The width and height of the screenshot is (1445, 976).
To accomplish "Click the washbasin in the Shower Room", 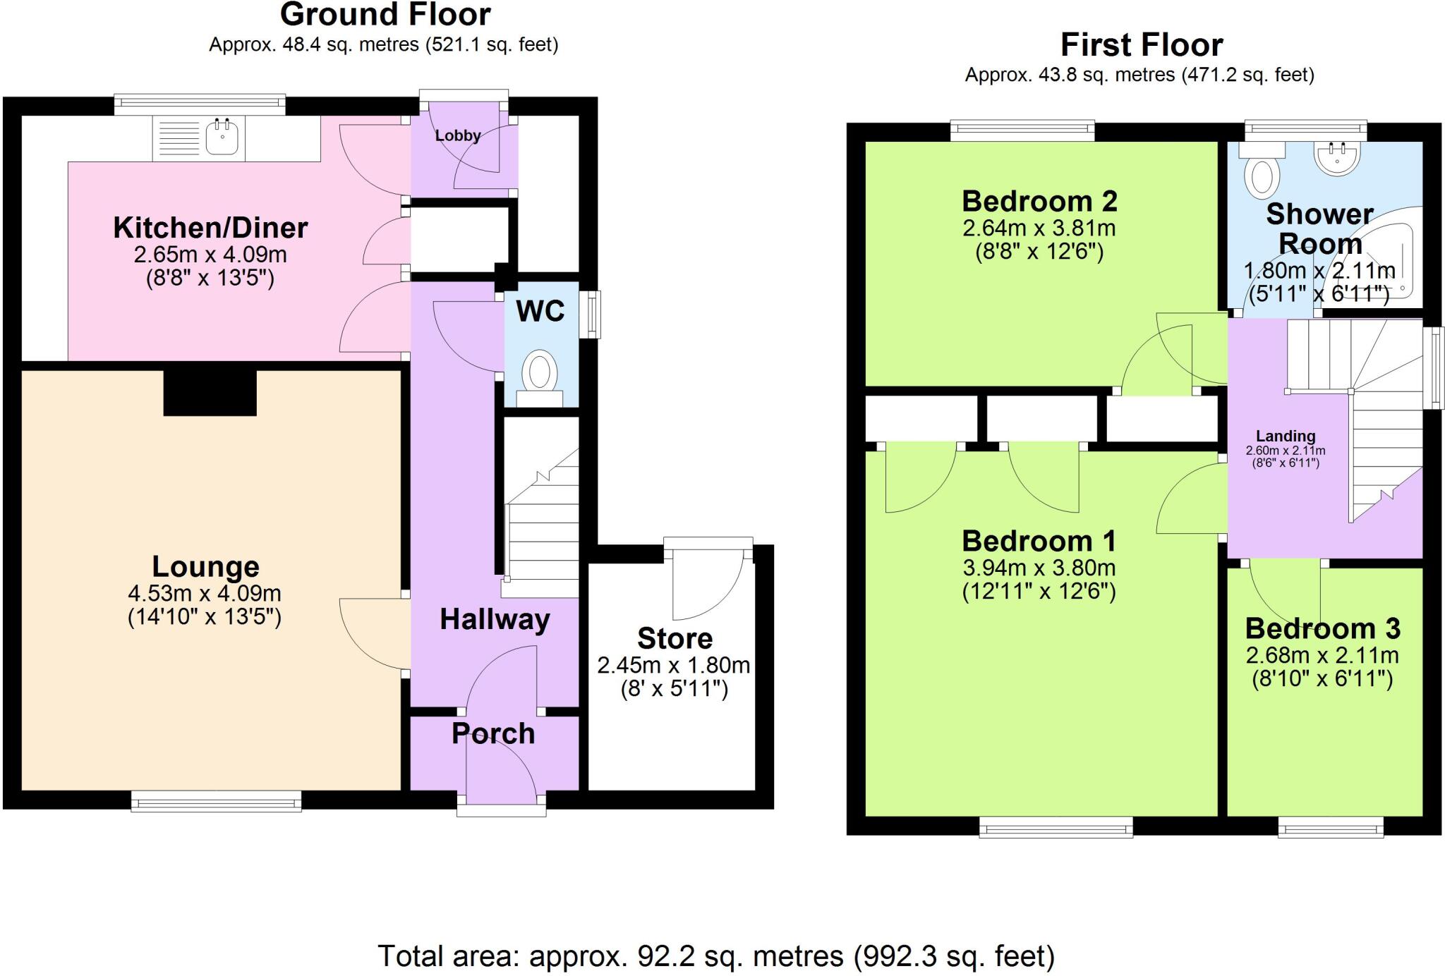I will pos(1336,159).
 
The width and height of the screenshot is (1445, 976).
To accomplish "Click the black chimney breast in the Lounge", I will pos(210,393).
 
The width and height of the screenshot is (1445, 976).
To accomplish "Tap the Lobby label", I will pos(458,135).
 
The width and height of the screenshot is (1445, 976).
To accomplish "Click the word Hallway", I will pos(495,619).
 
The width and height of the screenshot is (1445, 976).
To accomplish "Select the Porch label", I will pos(493,733).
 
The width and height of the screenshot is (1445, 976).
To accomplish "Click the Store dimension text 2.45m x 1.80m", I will pos(673,665).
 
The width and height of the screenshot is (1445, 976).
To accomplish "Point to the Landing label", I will pos(1285,436).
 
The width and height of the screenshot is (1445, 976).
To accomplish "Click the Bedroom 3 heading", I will pos(1322,628).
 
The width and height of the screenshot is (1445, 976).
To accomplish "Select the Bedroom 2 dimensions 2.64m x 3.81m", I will pos(1039,228).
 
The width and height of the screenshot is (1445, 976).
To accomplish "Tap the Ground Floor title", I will pos(385,14).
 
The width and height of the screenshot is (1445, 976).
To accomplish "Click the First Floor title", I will pos(1141,45).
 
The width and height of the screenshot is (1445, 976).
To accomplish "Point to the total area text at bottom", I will pos(716,956).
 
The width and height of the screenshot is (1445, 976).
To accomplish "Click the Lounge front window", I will pos(216,800).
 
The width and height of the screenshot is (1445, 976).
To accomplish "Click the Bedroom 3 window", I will pos(1330,826).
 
